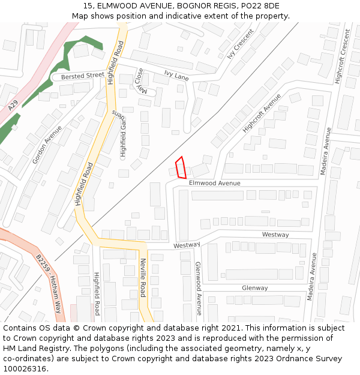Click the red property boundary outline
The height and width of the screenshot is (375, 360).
[181, 168]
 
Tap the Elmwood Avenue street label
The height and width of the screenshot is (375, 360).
[214, 183]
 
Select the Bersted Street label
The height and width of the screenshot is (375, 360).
[78, 76]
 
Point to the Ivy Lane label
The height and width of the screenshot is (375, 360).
[176, 76]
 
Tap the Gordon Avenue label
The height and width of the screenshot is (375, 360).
[47, 145]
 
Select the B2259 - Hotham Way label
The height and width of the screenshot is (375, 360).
[49, 275]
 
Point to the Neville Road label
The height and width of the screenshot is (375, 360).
[143, 278]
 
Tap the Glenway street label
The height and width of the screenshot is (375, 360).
[254, 288]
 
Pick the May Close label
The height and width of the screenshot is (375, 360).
[139, 80]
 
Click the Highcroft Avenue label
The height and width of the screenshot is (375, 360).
[262, 113]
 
